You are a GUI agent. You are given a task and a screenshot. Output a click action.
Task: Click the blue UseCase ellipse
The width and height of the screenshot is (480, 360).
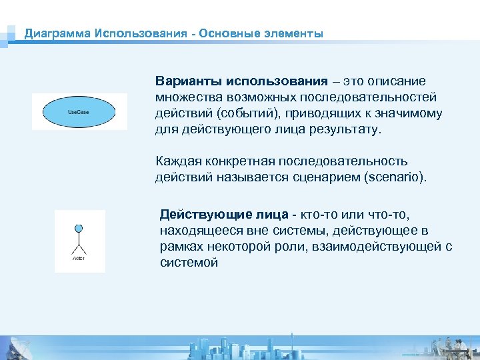79,111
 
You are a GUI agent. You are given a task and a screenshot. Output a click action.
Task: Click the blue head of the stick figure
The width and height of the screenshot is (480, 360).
79,229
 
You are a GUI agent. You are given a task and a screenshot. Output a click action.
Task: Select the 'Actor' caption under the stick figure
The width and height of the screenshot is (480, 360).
79,258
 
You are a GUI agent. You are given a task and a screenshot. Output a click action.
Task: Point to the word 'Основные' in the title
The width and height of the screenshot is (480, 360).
226,33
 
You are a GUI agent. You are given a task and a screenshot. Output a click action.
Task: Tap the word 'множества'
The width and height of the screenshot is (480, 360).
185,97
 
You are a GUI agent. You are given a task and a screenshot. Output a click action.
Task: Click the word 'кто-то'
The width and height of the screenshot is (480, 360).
320,215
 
